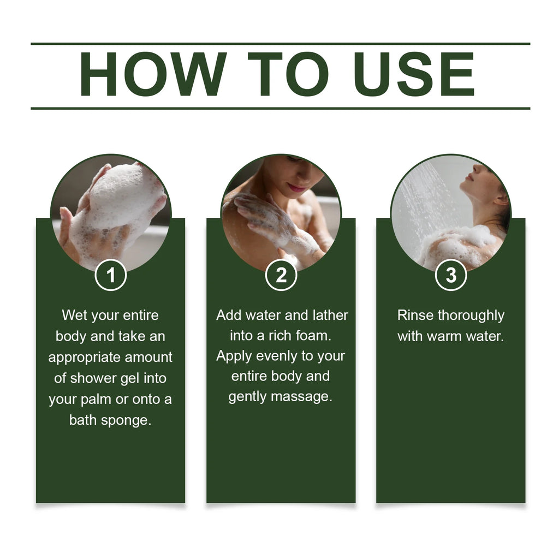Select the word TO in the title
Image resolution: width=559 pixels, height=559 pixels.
click(x=288, y=74)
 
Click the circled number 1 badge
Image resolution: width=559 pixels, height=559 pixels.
click(x=111, y=275)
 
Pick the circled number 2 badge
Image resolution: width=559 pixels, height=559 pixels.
click(x=281, y=275)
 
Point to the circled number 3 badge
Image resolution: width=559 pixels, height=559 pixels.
click(x=451, y=275)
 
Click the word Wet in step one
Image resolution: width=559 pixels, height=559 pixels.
click(x=74, y=315)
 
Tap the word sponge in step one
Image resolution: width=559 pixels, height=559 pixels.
click(x=126, y=421)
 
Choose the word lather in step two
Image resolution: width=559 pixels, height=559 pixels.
click(x=330, y=315)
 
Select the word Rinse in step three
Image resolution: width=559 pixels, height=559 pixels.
click(x=415, y=315)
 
